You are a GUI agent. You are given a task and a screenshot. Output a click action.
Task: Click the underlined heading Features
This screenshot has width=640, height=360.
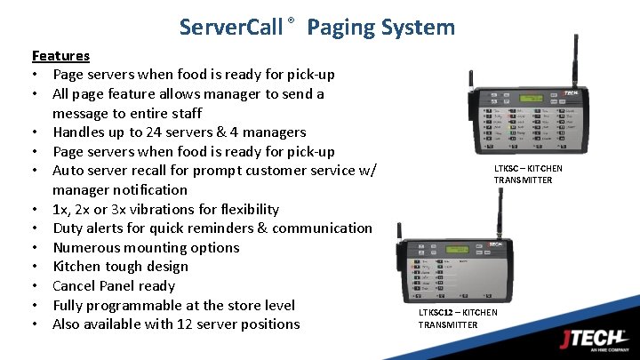tap(60, 55)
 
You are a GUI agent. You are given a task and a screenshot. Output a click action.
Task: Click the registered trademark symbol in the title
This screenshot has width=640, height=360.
tap(291, 20)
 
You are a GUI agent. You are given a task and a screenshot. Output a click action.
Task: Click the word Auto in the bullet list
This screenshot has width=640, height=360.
tap(69, 171)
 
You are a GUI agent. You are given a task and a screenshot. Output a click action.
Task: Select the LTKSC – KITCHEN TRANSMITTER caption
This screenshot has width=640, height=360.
tap(528, 174)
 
